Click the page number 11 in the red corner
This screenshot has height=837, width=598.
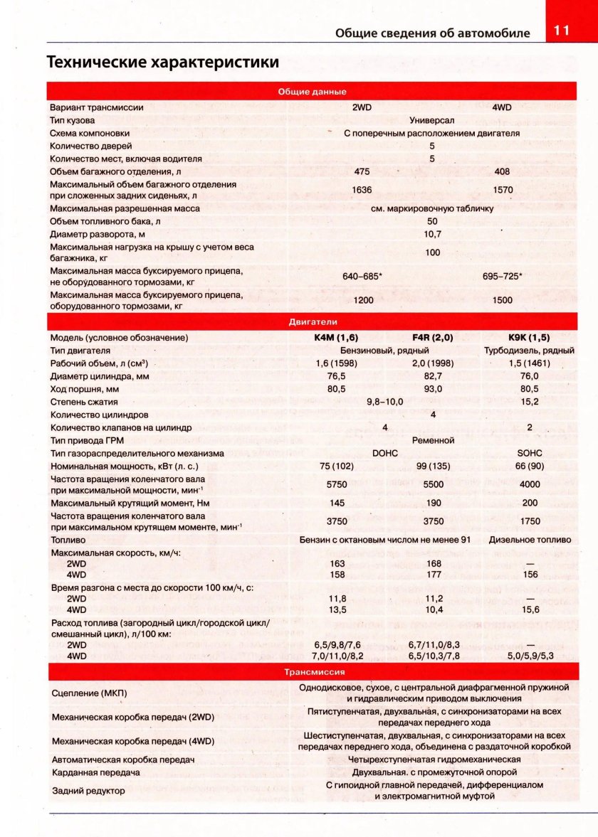pyautogui.click(x=561, y=32)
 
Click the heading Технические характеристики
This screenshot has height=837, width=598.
pyautogui.click(x=162, y=62)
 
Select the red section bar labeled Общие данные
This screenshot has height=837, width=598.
pyautogui.click(x=312, y=92)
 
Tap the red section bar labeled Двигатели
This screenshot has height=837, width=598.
pyautogui.click(x=312, y=321)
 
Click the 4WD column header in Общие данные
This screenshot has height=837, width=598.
pyautogui.click(x=502, y=107)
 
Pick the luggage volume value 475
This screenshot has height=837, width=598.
pyautogui.click(x=362, y=171)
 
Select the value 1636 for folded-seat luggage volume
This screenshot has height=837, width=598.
pyautogui.click(x=362, y=190)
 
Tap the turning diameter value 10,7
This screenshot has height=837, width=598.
pyautogui.click(x=432, y=234)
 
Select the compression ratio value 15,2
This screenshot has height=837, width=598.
pyautogui.click(x=529, y=402)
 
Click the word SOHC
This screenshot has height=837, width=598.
pyautogui.click(x=529, y=453)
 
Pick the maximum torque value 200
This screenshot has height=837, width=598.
pyautogui.click(x=529, y=503)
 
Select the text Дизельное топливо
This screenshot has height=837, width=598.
pyautogui.click(x=529, y=540)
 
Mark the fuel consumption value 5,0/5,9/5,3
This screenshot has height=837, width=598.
pyautogui.click(x=530, y=656)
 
